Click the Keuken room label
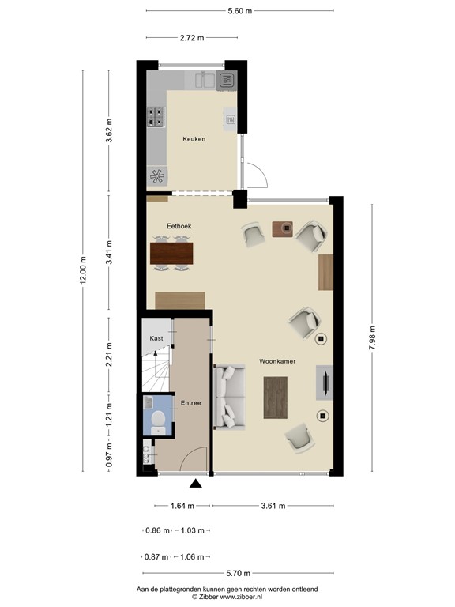click(194, 139)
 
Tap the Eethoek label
click(179, 226)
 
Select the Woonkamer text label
click(276, 361)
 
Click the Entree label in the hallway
click(190, 403)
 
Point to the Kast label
click(156, 338)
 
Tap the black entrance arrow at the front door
click(196, 484)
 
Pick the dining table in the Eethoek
click(171, 252)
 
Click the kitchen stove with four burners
click(156, 117)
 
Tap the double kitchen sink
click(204, 79)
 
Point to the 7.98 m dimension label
click(372, 336)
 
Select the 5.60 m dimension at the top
click(239, 11)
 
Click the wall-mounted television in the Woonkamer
click(325, 383)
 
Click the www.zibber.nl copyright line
click(227, 598)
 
